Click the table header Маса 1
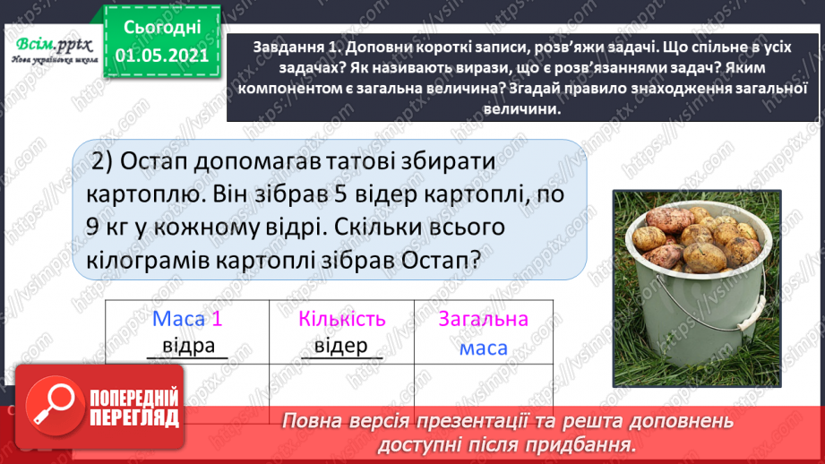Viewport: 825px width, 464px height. [187, 318]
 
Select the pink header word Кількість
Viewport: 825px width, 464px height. [341, 318]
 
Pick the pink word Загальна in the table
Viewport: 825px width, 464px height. [484, 318]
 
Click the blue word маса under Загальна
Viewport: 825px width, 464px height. [484, 348]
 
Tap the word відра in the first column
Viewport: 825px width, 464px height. [189, 346]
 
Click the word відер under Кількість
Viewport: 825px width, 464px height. [341, 346]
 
